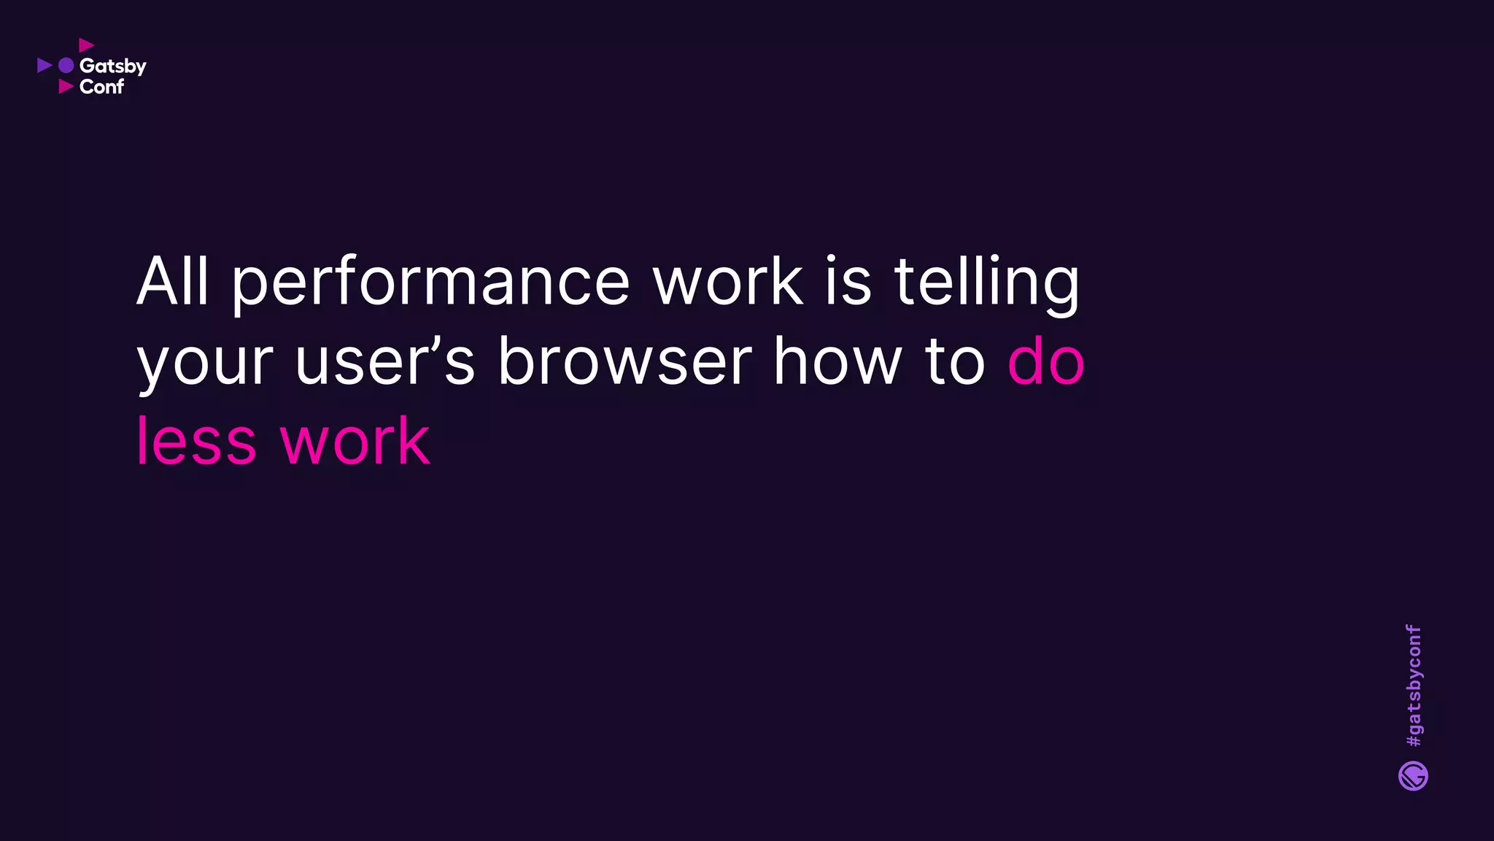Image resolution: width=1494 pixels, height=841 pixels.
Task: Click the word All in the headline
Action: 172,281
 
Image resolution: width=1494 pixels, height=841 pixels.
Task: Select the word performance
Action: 430,283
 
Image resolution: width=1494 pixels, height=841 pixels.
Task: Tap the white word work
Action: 727,281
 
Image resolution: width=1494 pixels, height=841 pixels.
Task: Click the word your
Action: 205,364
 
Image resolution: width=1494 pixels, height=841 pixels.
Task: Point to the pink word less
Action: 196,441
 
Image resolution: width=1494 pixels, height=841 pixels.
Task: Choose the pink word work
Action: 355,441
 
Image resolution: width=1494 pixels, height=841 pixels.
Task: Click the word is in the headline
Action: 848,281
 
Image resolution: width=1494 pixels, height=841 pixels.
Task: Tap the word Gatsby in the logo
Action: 113,66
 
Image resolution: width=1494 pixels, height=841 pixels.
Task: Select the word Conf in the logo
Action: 101,87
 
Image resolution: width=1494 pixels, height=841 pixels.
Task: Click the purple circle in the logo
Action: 66,66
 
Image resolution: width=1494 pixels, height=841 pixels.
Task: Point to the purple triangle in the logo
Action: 44,66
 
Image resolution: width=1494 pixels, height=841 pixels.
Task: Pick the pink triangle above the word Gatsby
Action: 86,45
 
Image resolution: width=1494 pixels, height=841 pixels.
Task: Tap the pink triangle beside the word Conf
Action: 66,87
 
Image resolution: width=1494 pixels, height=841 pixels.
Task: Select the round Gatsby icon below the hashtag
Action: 1413,776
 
